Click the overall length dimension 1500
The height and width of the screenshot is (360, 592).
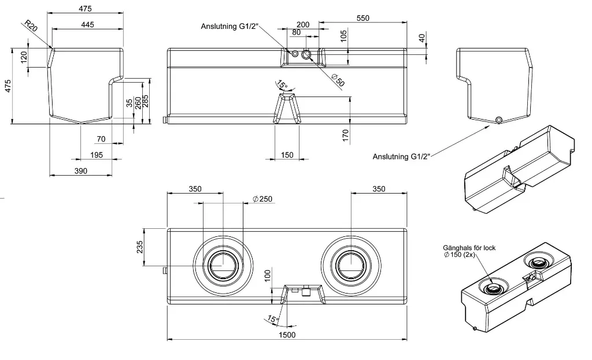coord(287,335)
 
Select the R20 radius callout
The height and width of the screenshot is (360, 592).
coord(30,26)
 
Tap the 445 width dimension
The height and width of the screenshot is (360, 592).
coord(88,24)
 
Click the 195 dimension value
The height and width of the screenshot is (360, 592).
coord(96,155)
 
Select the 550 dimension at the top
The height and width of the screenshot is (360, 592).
coord(362,18)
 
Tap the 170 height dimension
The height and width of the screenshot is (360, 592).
coord(346,136)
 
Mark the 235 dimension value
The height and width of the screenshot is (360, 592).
coord(139,247)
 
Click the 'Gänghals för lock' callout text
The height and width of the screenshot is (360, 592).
coord(469,248)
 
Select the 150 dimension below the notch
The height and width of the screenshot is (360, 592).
coord(287,154)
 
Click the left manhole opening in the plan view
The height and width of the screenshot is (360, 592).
coord(222,265)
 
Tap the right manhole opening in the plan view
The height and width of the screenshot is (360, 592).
coord(351,265)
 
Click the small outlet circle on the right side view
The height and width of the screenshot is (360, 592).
coord(499,120)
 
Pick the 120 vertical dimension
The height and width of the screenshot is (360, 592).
coord(24,57)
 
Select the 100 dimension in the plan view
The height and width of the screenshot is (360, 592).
coord(267,274)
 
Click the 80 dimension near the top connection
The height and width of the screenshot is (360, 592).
coord(296,33)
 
